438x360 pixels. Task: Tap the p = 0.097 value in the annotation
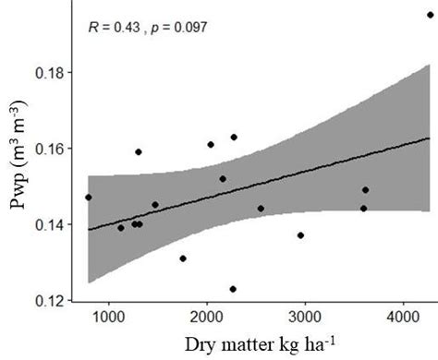pos(176,28)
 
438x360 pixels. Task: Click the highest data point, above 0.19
pos(431,15)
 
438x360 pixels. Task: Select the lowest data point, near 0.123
pos(233,289)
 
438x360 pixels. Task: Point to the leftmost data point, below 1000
pos(89,197)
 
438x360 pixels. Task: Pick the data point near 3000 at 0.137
pos(300,235)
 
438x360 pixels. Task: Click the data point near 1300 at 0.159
pos(139,152)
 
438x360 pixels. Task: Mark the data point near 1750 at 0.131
pos(183,258)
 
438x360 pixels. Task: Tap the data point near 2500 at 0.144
pos(261,209)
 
